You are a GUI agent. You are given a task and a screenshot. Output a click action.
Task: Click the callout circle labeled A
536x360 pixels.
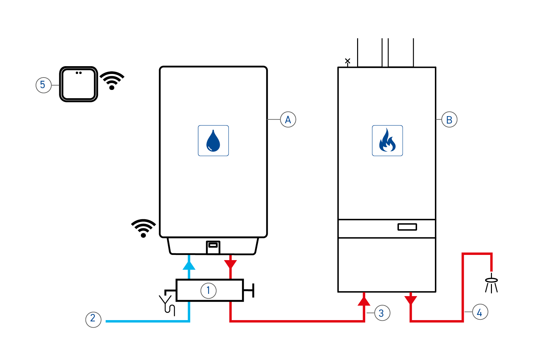(288, 119)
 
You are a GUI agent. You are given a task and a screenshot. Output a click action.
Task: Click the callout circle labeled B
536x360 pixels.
(449, 119)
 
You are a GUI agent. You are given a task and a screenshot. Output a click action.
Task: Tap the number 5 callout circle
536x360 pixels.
(43, 85)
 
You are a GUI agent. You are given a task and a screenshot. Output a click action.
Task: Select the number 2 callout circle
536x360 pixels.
(93, 319)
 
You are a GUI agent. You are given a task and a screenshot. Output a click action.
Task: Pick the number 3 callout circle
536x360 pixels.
(382, 313)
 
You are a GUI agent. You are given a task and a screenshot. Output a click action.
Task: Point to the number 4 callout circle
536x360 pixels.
(480, 312)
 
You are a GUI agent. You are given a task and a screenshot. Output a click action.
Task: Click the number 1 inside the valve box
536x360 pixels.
(208, 290)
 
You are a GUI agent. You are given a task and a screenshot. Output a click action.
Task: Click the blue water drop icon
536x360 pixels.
(213, 141)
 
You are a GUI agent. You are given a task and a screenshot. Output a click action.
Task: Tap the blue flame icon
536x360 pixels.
(387, 141)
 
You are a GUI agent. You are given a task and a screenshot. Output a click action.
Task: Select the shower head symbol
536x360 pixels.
(491, 284)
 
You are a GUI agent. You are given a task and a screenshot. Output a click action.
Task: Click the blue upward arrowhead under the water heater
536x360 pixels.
(189, 265)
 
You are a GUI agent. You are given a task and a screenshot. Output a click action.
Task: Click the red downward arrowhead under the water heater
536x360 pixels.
(230, 264)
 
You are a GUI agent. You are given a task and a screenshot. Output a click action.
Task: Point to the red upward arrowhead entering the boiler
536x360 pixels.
(364, 301)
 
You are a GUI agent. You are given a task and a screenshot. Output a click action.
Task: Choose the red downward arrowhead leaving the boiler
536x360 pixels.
(411, 300)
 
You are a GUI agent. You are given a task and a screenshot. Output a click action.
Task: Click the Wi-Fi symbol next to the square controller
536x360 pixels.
(112, 80)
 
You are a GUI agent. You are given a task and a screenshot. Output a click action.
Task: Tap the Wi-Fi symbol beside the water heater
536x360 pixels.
(143, 228)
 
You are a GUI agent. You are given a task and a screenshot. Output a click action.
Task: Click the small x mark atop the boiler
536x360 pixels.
(348, 61)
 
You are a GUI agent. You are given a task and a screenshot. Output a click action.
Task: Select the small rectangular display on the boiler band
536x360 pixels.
(407, 227)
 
